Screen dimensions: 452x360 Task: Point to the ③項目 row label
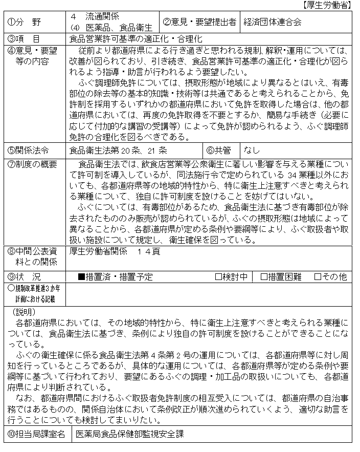[24, 38]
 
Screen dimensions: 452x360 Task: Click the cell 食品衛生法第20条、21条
[118, 150]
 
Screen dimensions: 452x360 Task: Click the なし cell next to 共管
[252, 150]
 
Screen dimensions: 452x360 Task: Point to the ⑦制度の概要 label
[32, 164]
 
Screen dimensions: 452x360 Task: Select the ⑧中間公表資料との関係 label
[32, 256]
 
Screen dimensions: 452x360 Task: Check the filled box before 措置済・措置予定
[81, 277]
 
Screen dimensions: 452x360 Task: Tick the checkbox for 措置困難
[264, 277]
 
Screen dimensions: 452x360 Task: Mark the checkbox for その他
[318, 277]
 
